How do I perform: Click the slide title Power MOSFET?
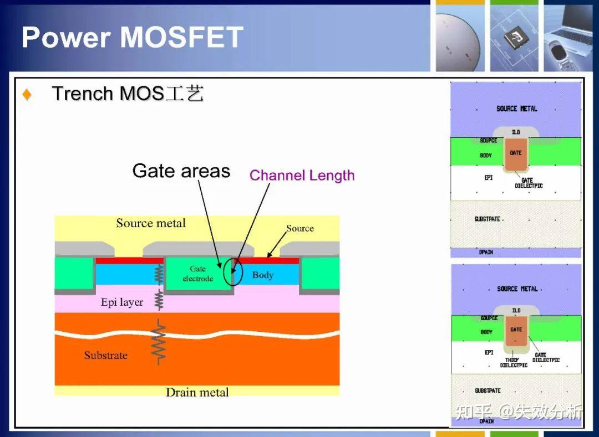click(132, 38)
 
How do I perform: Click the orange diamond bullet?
click(27, 95)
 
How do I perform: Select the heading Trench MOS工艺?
click(128, 94)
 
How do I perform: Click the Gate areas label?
click(181, 171)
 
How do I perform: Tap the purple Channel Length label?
click(302, 176)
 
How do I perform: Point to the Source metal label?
click(151, 223)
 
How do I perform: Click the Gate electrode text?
click(197, 274)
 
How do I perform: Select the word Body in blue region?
click(263, 275)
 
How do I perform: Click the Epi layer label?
click(122, 302)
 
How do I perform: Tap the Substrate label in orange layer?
click(105, 356)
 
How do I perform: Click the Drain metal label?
click(197, 392)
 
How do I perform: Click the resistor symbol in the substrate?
click(159, 343)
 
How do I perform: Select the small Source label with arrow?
click(299, 228)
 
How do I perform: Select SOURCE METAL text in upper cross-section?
click(516, 109)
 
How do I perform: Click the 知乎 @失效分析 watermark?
click(519, 412)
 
